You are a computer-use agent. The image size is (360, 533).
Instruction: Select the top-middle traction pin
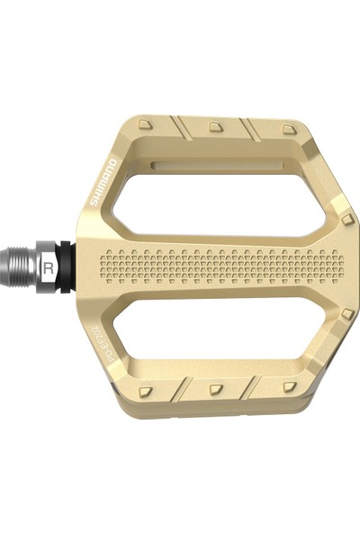point(216,126)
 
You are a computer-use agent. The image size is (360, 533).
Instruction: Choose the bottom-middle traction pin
point(216,389)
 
